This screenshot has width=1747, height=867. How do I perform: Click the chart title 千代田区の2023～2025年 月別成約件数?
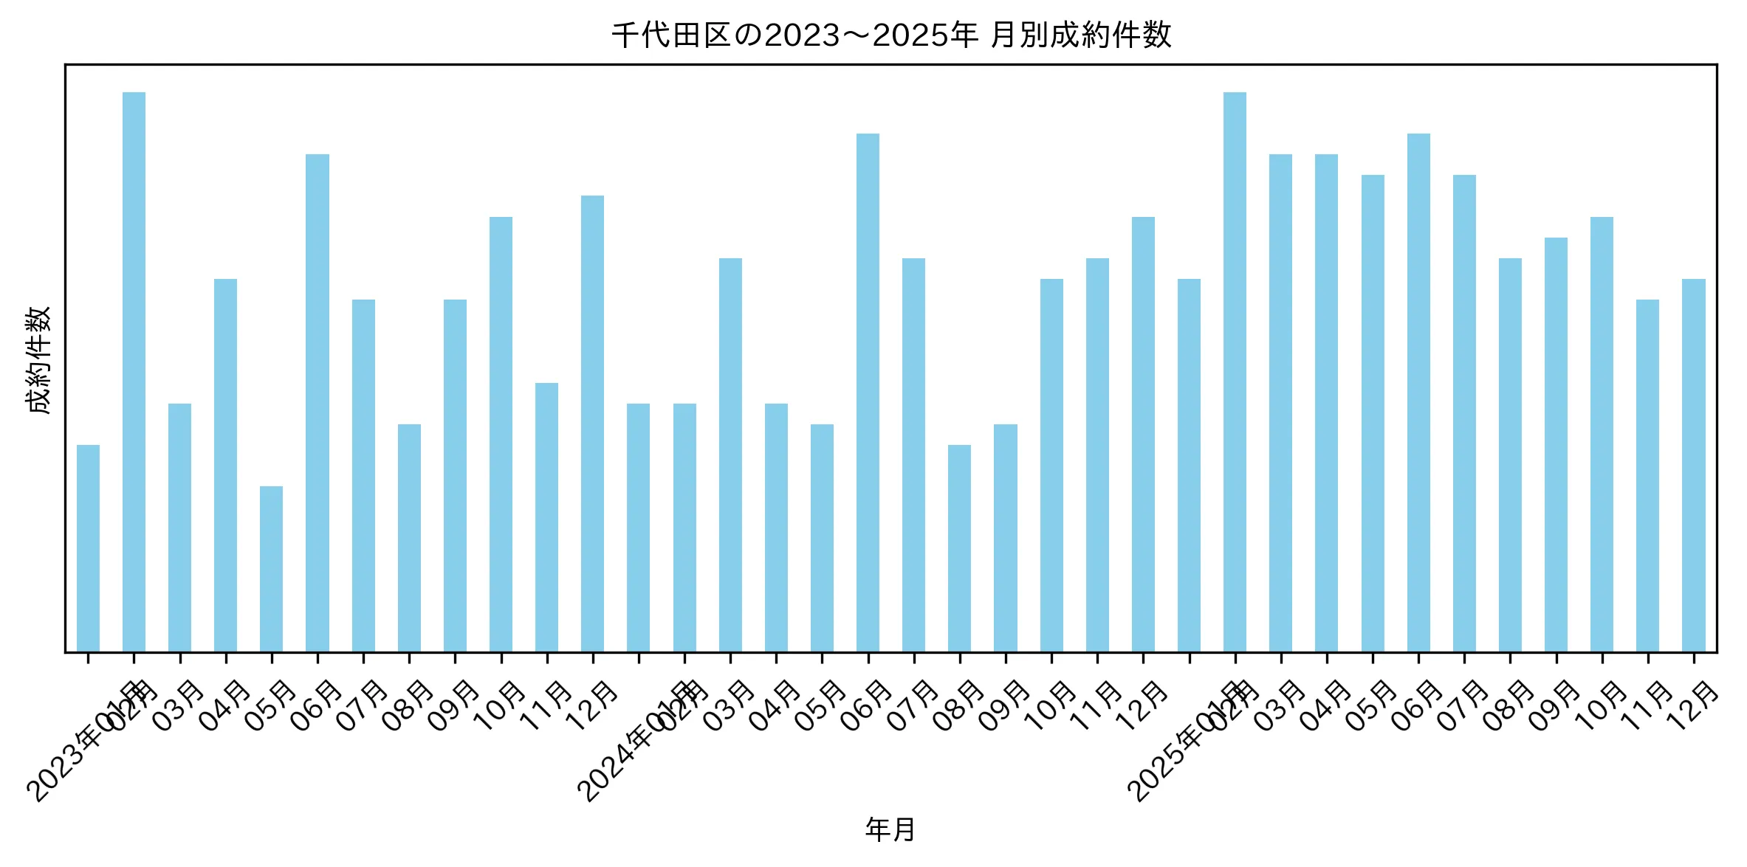click(890, 35)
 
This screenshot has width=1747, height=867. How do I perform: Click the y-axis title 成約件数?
click(38, 360)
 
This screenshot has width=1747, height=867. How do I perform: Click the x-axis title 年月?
click(890, 829)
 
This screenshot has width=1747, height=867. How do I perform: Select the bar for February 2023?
click(134, 372)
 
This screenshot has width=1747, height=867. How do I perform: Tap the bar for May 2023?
click(271, 569)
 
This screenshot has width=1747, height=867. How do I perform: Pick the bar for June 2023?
click(318, 403)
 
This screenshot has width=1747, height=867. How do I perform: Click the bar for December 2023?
click(592, 424)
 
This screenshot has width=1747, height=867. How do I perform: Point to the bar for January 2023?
click(88, 548)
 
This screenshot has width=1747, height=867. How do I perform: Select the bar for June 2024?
click(868, 393)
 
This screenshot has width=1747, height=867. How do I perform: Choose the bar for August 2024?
click(959, 548)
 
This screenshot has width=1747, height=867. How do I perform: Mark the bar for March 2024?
click(730, 455)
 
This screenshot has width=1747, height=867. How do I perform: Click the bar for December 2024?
click(1143, 434)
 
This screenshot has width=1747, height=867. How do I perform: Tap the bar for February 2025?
click(1235, 372)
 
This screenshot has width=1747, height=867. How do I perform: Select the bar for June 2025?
click(1418, 393)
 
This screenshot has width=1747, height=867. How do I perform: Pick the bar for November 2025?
click(1647, 475)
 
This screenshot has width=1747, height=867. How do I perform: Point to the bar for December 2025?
click(1694, 465)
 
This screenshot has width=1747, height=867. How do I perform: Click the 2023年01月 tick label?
click(85, 745)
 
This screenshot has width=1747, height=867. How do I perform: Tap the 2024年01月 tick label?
click(636, 745)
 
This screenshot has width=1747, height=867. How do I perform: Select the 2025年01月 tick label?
click(1187, 745)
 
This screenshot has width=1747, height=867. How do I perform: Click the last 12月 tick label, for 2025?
click(1694, 707)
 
